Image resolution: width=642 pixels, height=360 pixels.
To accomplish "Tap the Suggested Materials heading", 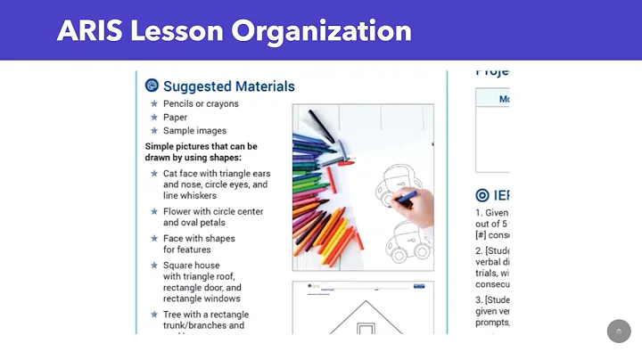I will click(x=229, y=86).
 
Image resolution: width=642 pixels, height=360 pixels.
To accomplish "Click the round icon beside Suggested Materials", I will click(x=152, y=86).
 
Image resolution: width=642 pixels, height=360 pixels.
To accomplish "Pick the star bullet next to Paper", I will click(x=154, y=117).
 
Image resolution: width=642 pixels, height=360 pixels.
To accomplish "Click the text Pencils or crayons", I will click(x=201, y=103).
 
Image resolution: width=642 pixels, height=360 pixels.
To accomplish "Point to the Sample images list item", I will click(x=194, y=130).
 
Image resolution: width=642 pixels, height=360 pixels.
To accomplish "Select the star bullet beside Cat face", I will click(x=154, y=173).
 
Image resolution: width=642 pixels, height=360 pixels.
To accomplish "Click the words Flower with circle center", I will click(x=213, y=212).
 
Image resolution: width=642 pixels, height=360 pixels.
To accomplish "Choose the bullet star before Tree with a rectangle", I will click(x=154, y=315).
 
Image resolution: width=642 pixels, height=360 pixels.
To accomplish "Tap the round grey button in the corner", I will click(x=619, y=331).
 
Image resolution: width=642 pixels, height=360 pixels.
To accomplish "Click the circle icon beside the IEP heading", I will click(x=482, y=195).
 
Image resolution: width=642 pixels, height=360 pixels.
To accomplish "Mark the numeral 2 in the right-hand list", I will click(x=478, y=251).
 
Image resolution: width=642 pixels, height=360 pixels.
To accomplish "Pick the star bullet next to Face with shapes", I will click(x=154, y=239).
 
